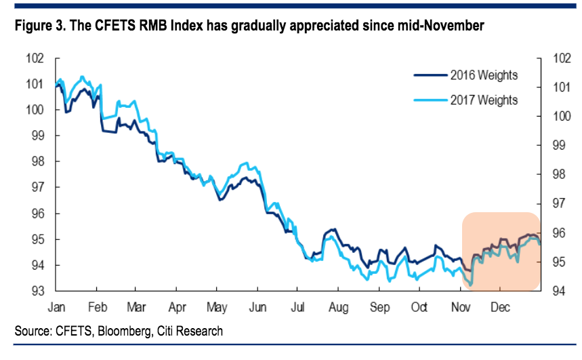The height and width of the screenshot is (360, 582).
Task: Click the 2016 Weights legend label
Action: tap(484, 75)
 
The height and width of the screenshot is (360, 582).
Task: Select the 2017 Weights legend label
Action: tap(484, 100)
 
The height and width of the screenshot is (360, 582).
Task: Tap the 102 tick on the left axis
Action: tap(35, 58)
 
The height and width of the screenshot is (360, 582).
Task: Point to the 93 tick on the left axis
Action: tap(38, 291)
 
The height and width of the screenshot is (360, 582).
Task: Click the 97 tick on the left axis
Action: tap(38, 187)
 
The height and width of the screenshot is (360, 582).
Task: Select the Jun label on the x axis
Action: tap(257, 306)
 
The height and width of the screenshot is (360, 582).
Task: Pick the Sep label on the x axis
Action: tap(380, 306)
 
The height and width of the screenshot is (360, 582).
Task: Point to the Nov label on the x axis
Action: tap(461, 306)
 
